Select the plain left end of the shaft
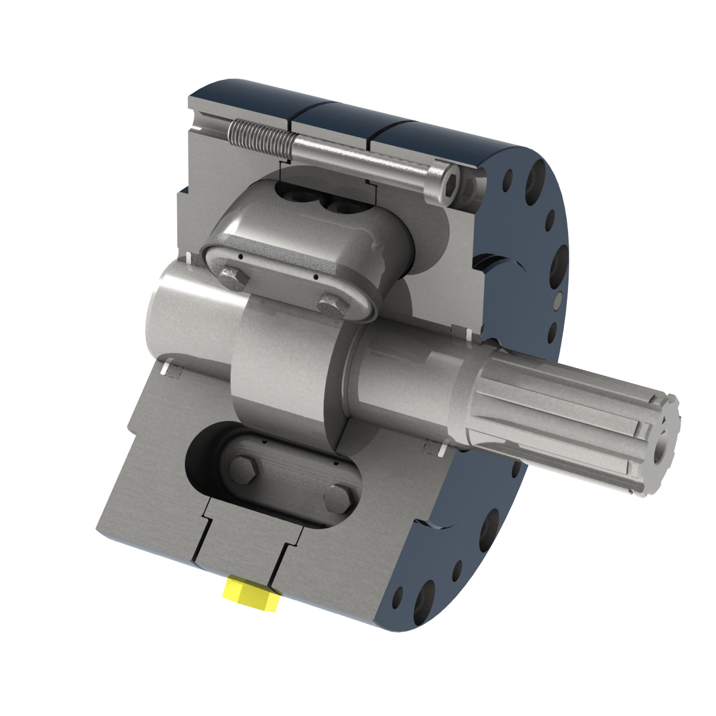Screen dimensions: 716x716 [x=179, y=310]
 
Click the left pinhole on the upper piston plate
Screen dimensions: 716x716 [x=239, y=257]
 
